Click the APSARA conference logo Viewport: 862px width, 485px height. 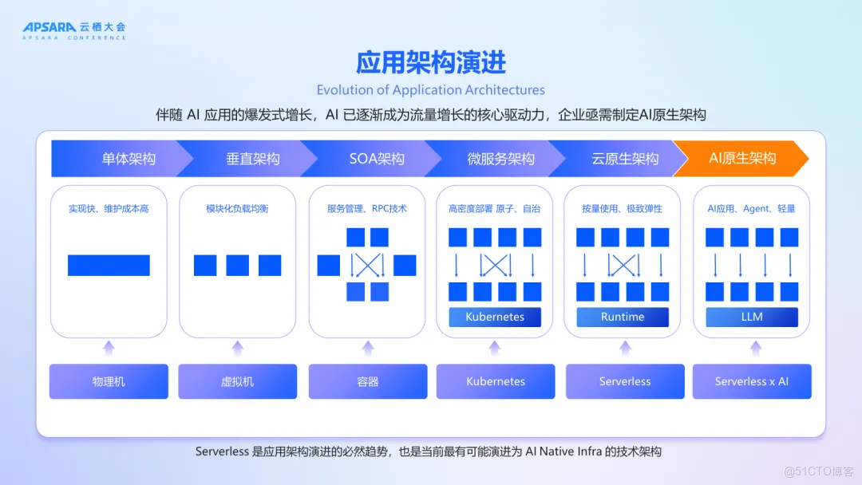pyautogui.click(x=73, y=30)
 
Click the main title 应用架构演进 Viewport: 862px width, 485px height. pyautogui.click(x=431, y=62)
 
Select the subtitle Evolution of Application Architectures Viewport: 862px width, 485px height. pyautogui.click(x=431, y=90)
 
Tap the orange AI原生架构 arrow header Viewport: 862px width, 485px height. pyautogui.click(x=742, y=158)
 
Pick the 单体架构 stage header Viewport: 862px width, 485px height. pyautogui.click(x=128, y=159)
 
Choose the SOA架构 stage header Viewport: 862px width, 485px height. pyautogui.click(x=377, y=159)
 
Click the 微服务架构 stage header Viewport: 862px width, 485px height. pyautogui.click(x=500, y=159)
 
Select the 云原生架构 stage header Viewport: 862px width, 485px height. pyautogui.click(x=625, y=159)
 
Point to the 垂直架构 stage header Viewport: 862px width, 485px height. pyautogui.click(x=252, y=159)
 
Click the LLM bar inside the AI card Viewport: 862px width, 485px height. pyautogui.click(x=751, y=317)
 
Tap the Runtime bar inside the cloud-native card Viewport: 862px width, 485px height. pyautogui.click(x=622, y=317)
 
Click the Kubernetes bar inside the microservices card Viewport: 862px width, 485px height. pyautogui.click(x=495, y=317)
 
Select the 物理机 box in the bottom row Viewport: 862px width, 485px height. pyautogui.click(x=109, y=381)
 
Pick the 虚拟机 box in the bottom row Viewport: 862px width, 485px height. pyautogui.click(x=237, y=381)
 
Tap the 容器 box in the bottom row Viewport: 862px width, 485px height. pyautogui.click(x=367, y=381)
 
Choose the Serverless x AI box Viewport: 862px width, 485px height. pyautogui.click(x=751, y=381)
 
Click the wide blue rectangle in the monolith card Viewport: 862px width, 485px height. pyautogui.click(x=109, y=265)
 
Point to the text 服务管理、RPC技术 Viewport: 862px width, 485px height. pyautogui.click(x=367, y=209)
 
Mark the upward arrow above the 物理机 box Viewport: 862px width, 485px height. pyautogui.click(x=109, y=347)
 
